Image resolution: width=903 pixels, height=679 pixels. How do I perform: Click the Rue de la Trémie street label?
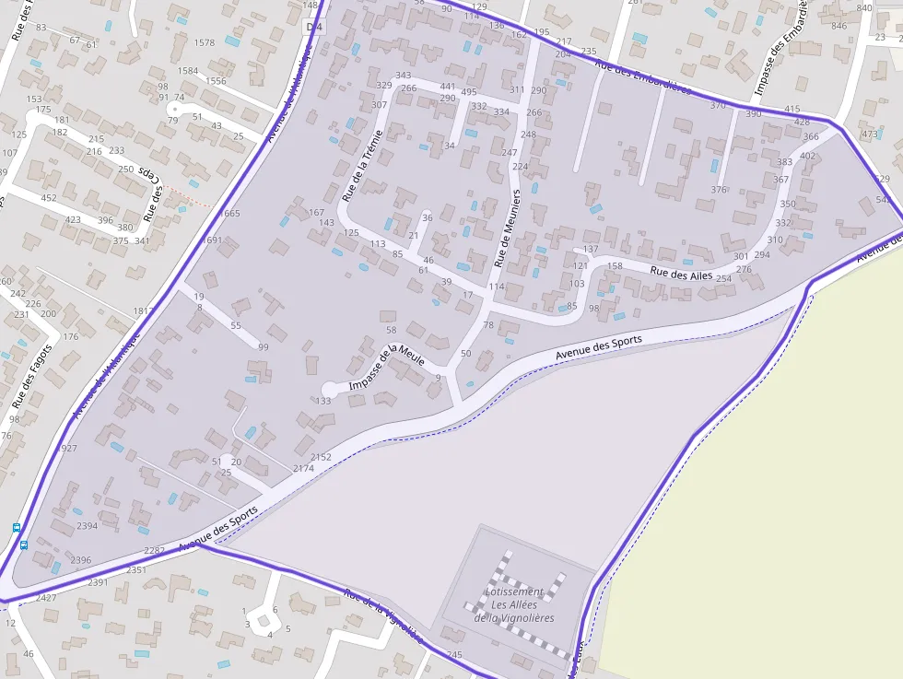point(361,165)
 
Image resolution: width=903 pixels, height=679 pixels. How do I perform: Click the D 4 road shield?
point(315,27)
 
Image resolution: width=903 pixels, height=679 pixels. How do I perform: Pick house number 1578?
point(205,42)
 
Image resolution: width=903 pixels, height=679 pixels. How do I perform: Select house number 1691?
point(212,240)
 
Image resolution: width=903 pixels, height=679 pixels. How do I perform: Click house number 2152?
point(321,457)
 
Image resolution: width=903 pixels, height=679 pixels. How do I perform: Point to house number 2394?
point(87,526)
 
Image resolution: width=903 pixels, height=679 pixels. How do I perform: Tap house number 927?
point(69,449)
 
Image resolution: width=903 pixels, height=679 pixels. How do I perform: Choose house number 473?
point(870,135)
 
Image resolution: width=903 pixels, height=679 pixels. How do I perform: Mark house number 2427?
point(46,598)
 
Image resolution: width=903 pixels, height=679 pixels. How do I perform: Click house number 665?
point(231,214)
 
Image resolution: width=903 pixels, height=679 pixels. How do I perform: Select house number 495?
point(469,91)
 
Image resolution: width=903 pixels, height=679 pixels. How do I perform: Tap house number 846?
point(838,26)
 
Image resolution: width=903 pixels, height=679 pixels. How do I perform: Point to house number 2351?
point(136,570)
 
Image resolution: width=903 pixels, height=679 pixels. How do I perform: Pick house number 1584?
point(188,71)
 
